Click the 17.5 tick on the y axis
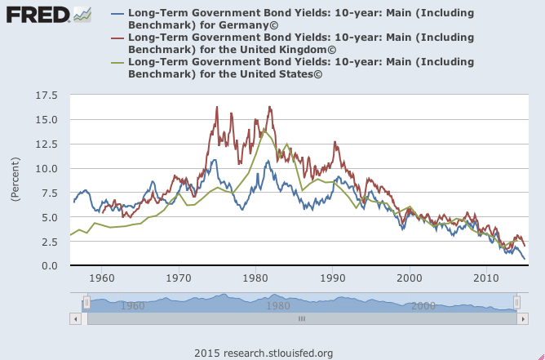pyautogui.click(x=47, y=96)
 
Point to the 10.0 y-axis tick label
pyautogui.click(x=47, y=169)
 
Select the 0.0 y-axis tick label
pyautogui.click(x=50, y=266)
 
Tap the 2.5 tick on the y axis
pyautogui.click(x=50, y=242)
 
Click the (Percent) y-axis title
pyautogui.click(x=16, y=180)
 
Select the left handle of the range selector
pyautogui.click(x=86, y=303)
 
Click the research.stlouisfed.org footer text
pyautogui.click(x=264, y=353)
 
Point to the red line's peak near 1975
pyautogui.click(x=217, y=107)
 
